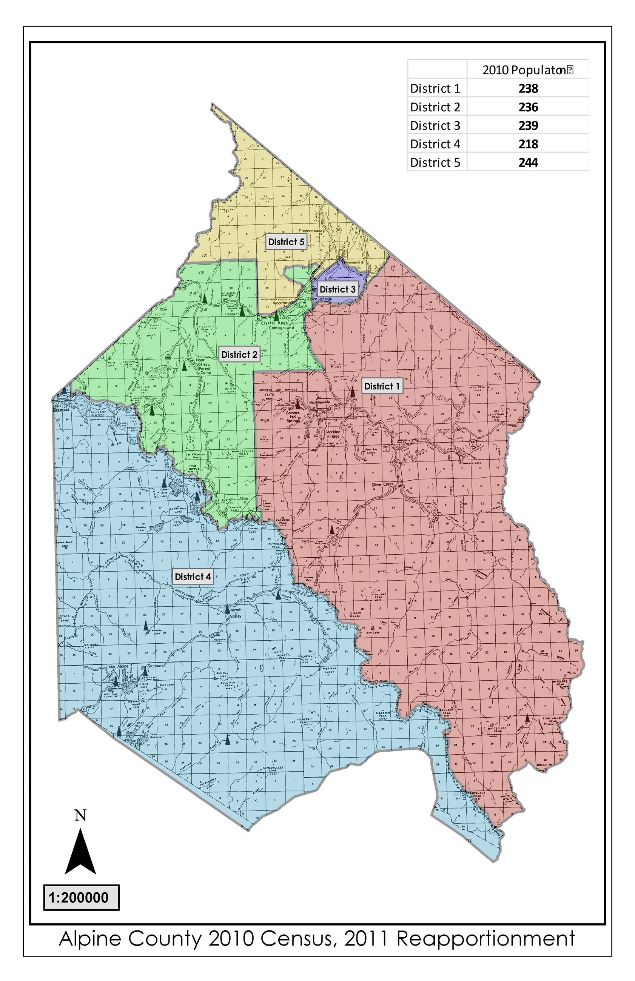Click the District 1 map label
coord(381,386)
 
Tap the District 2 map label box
coord(239,354)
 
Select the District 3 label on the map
coord(337,289)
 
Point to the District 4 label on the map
coord(193,577)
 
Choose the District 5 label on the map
coord(286,242)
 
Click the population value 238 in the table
coord(528,89)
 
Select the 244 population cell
coord(528,162)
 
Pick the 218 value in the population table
coord(528,144)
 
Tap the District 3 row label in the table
coord(435,125)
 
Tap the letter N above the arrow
coord(80,815)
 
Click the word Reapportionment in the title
coord(485,939)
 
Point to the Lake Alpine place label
coord(117,667)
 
